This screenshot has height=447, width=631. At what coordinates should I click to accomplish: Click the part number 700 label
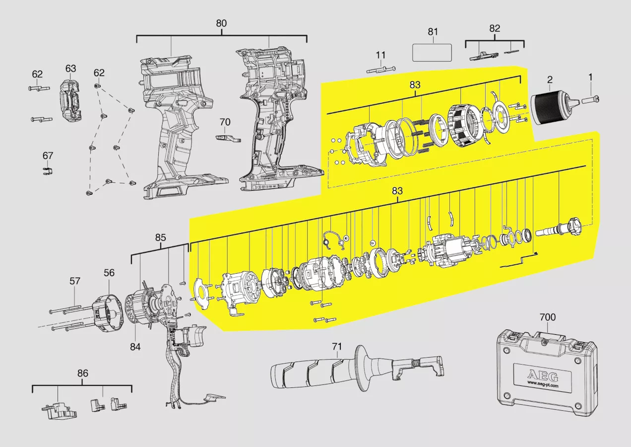[548, 317]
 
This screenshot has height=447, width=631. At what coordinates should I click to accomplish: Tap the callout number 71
[337, 346]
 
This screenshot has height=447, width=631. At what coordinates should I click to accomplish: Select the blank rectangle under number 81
[432, 53]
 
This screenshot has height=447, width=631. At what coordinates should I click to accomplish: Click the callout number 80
[221, 23]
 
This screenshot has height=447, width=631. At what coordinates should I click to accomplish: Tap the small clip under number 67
[48, 171]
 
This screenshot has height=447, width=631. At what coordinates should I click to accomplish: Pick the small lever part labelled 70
[228, 138]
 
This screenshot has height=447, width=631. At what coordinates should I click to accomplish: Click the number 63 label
[71, 69]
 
